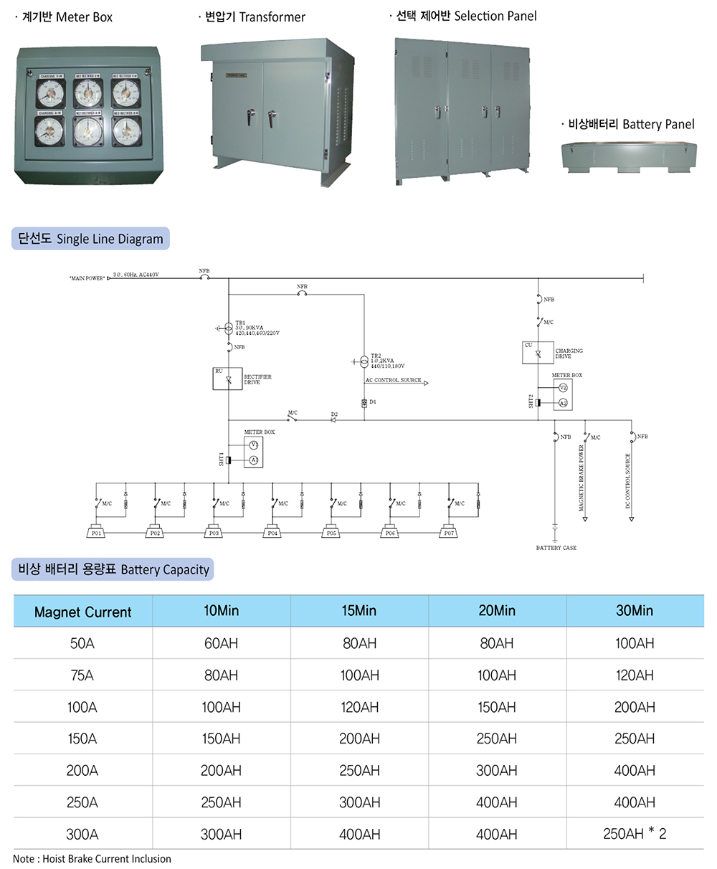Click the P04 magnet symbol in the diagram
(x=272, y=533)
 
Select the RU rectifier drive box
(x=228, y=378)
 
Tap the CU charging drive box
(x=537, y=353)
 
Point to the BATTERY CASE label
(x=556, y=548)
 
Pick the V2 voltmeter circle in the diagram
(x=563, y=388)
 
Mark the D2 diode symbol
(x=333, y=419)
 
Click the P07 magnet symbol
(x=449, y=533)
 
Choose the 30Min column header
(x=635, y=611)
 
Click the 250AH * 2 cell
(x=635, y=834)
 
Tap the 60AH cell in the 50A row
(x=221, y=643)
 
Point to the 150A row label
(x=82, y=739)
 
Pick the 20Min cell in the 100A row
(x=497, y=707)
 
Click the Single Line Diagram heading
(x=90, y=239)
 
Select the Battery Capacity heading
(x=113, y=570)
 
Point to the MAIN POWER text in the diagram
(x=87, y=277)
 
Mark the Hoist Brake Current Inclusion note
(x=92, y=858)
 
